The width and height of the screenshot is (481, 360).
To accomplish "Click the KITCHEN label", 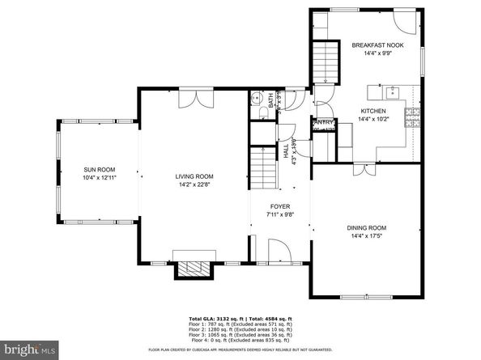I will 372,111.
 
